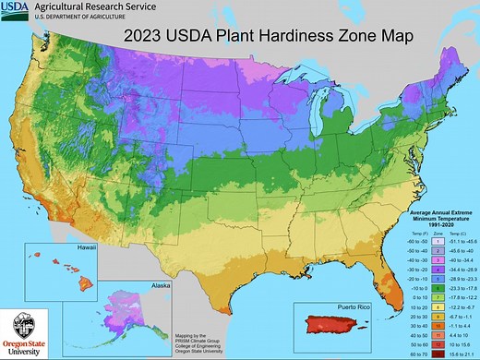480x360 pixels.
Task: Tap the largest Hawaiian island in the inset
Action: click(81, 275)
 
